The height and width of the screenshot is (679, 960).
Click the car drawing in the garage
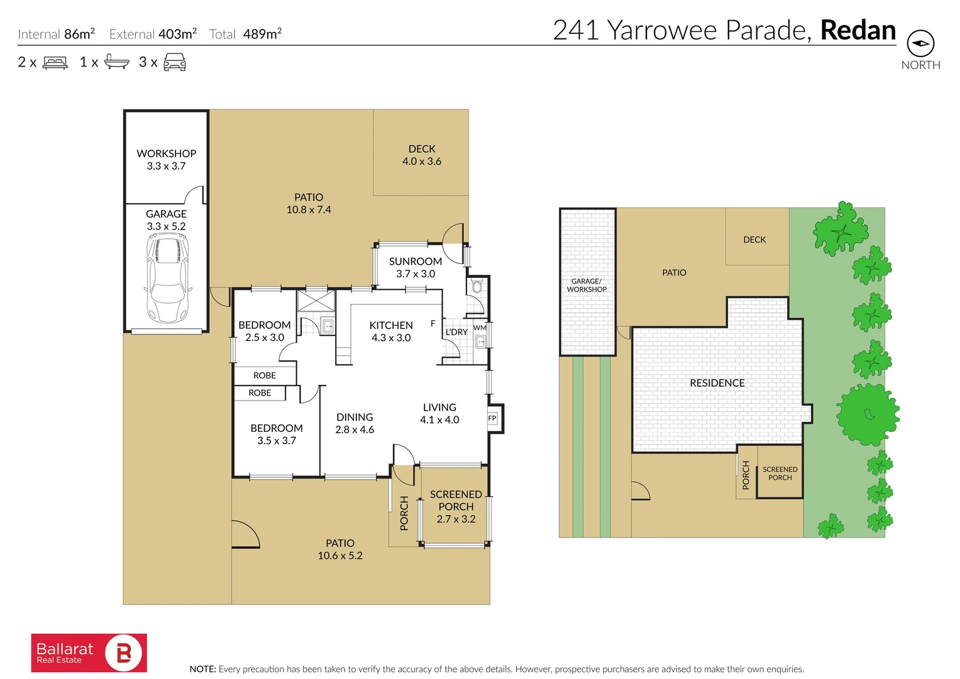167,279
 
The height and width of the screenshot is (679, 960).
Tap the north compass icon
920,43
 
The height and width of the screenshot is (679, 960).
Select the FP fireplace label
492,418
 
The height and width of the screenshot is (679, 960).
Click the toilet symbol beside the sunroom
477,286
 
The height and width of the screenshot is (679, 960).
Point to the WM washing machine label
480,328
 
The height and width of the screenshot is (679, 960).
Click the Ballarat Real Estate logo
89,653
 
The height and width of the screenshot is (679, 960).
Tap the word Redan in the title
858,30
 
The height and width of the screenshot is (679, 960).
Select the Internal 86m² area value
79,33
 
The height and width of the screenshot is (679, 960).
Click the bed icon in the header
55,63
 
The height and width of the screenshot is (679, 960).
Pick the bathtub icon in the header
117,62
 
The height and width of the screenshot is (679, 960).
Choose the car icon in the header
175,62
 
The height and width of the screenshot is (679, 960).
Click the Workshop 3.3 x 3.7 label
166,160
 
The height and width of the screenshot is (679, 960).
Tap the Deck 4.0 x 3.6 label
422,155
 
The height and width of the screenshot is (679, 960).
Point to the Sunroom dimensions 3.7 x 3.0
416,273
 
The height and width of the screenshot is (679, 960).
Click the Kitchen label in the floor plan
391,325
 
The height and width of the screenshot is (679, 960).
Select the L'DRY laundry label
456,332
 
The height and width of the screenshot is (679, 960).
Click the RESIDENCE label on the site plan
717,383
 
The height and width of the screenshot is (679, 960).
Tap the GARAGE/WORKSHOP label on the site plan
587,285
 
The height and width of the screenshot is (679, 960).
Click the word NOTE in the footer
202,669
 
